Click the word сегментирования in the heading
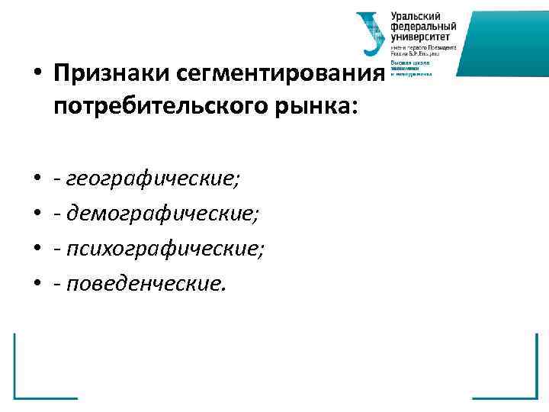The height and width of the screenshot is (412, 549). (280, 76)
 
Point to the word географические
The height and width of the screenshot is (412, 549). (152, 180)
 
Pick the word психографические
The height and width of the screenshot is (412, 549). (165, 249)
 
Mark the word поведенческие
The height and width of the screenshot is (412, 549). (146, 284)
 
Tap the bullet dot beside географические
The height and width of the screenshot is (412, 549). (37, 181)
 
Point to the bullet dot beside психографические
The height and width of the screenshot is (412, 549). (37, 250)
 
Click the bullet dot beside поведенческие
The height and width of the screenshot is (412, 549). (37, 285)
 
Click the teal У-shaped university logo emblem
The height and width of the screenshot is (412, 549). (371, 33)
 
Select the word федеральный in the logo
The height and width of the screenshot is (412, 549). (420, 26)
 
